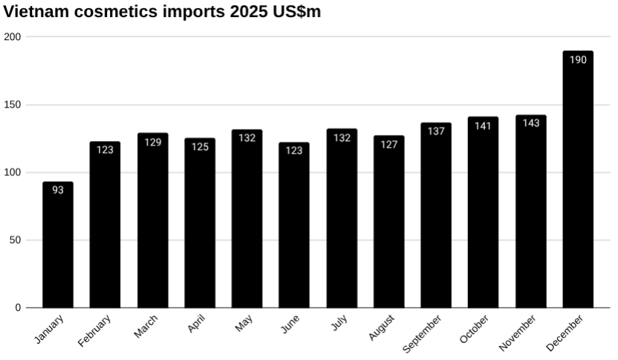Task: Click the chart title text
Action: coord(162,12)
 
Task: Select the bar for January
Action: coord(58,245)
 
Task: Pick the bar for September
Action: coord(436,215)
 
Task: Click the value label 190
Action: coord(578,60)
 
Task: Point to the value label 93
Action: coord(58,190)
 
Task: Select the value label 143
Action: coord(531,123)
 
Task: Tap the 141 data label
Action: coord(484,126)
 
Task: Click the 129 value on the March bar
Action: coord(153,143)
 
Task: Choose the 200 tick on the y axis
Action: coord(13,36)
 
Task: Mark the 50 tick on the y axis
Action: coord(16,240)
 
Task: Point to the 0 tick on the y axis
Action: coord(19,307)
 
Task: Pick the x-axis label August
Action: coord(382,327)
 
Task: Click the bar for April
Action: coord(200,223)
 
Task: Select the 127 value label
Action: coord(389,145)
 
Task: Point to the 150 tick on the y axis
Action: coord(13,105)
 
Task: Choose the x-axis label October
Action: coord(475,329)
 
